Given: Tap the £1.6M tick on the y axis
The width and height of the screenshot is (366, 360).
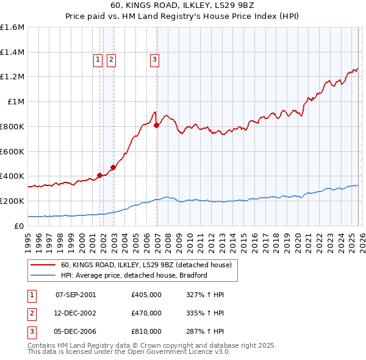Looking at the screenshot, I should (12, 27).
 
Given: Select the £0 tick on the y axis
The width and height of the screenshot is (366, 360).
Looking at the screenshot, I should (20, 226).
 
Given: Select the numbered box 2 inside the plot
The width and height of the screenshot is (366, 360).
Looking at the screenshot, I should (112, 59).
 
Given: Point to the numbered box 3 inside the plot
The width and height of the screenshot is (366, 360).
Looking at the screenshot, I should (155, 59).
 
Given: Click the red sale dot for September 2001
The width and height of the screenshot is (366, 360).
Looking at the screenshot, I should (99, 176).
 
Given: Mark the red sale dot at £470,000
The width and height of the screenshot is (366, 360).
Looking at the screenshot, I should (113, 167).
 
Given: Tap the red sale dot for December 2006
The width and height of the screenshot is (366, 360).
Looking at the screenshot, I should (156, 125).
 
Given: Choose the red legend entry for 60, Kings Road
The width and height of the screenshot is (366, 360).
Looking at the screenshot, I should (146, 265).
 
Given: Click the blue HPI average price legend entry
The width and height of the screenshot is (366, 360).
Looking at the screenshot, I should (134, 275).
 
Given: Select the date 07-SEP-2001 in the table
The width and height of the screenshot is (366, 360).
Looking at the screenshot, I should (76, 295).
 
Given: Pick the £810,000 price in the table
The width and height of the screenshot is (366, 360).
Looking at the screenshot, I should (146, 331).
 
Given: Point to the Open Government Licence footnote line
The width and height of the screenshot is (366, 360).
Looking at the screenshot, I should (129, 352).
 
